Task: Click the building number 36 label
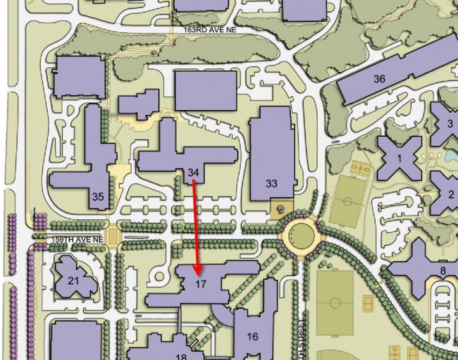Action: click(379, 79)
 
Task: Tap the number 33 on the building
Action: click(272, 183)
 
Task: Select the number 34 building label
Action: click(194, 173)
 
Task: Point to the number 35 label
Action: click(99, 197)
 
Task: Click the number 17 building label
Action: click(200, 285)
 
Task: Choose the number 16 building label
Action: click(252, 337)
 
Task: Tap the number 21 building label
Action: click(73, 280)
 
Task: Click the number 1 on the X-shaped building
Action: click(399, 159)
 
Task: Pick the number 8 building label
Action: click(442, 270)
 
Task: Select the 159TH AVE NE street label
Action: click(79, 240)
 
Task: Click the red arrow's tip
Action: click(199, 273)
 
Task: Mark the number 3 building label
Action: click(450, 124)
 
